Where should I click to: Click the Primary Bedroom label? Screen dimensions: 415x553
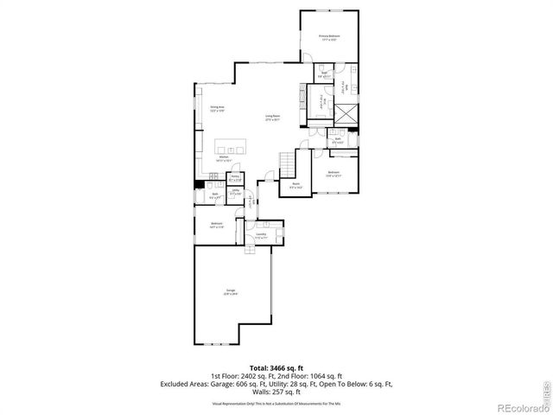pyautogui.click(x=328, y=37)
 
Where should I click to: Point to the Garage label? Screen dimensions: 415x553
pyautogui.click(x=231, y=291)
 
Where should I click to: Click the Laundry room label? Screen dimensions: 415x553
pyautogui.click(x=260, y=233)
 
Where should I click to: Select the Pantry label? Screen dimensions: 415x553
pyautogui.click(x=234, y=177)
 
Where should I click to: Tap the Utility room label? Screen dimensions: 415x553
pyautogui.click(x=235, y=194)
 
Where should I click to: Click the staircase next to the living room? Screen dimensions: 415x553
pyautogui.click(x=288, y=161)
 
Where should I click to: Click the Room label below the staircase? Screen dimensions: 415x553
pyautogui.click(x=296, y=184)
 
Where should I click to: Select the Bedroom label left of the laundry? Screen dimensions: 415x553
pyautogui.click(x=216, y=225)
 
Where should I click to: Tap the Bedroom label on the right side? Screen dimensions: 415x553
pyautogui.click(x=334, y=174)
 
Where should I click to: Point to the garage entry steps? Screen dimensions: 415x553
pyautogui.click(x=250, y=249)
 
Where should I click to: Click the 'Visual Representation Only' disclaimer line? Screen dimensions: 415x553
pyautogui.click(x=276, y=403)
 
